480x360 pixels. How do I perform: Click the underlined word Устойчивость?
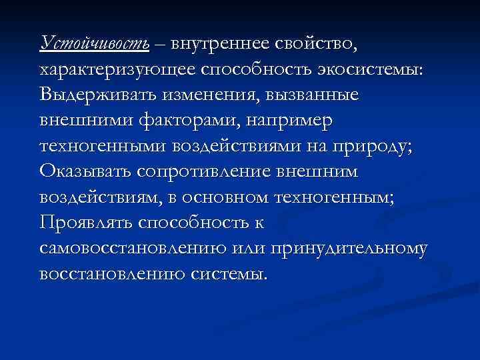click(x=95, y=45)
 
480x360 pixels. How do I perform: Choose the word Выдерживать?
click(x=99, y=95)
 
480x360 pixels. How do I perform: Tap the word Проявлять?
click(x=87, y=223)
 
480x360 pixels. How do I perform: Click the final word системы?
click(x=232, y=274)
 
